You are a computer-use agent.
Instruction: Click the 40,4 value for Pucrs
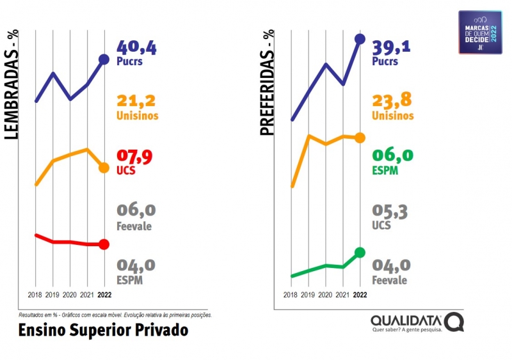click(x=136, y=47)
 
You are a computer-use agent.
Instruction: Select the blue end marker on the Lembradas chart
click(x=104, y=59)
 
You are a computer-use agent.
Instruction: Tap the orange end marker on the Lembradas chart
click(x=104, y=168)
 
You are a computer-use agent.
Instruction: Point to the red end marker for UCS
click(x=104, y=244)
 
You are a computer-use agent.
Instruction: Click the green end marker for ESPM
click(x=360, y=253)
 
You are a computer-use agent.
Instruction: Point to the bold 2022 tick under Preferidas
click(x=360, y=295)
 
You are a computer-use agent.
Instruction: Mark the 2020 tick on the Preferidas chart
click(x=325, y=295)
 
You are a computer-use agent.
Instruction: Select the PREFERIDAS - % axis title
click(x=266, y=84)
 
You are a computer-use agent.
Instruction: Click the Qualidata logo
click(x=416, y=322)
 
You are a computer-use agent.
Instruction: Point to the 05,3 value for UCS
click(x=390, y=212)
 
